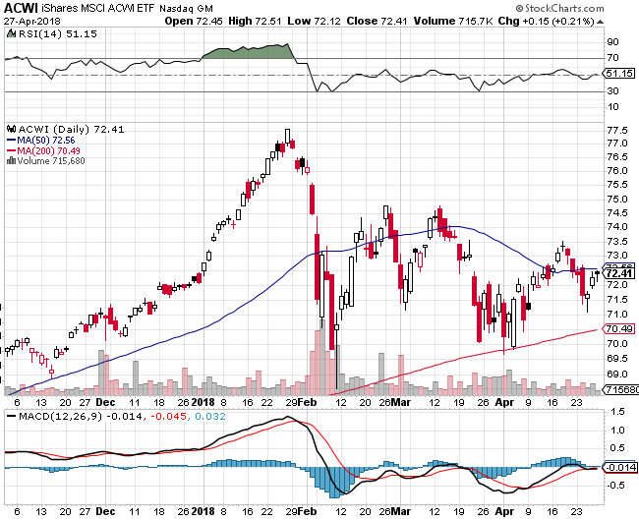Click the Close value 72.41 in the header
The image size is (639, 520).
(358, 21)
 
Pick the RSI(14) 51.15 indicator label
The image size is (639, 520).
(36, 33)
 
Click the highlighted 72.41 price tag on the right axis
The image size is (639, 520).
(617, 272)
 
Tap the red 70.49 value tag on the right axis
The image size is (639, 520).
(617, 328)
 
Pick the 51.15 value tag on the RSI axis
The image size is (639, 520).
(617, 73)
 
